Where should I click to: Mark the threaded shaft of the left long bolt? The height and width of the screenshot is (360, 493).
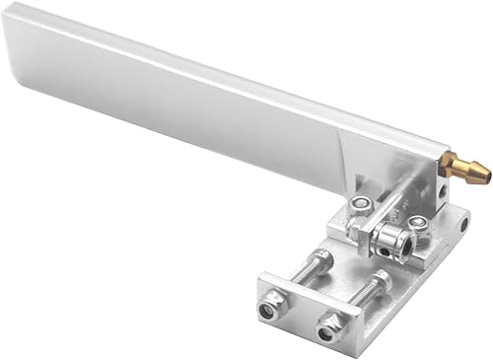click(311, 279)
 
